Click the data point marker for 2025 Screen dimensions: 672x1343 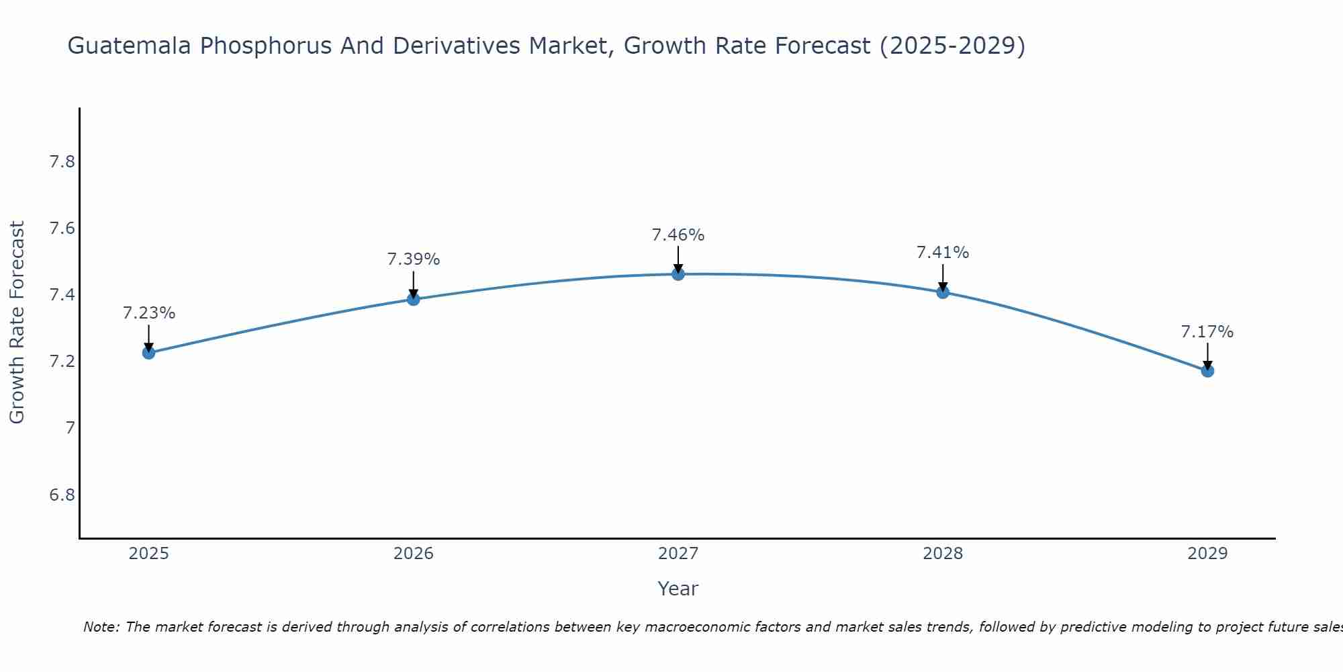148,353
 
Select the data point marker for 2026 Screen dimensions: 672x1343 414,299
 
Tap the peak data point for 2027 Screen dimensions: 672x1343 678,274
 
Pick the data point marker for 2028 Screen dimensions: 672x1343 943,292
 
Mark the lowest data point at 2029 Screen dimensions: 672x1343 1207,371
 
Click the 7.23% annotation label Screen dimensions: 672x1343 149,313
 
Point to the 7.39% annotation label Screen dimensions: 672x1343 414,259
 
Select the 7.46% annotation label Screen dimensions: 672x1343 678,235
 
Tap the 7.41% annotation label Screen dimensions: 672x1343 943,253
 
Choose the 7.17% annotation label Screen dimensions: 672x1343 1207,332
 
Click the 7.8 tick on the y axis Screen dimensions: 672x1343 62,162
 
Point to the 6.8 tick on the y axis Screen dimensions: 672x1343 62,495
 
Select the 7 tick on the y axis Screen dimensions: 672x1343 70,428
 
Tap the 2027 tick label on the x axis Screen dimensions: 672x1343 678,554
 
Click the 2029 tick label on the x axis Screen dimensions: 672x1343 1207,554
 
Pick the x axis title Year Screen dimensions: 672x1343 678,589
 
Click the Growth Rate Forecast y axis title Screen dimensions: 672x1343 17,323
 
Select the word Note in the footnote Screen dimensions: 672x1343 100,627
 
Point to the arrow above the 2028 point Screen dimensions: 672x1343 943,277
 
